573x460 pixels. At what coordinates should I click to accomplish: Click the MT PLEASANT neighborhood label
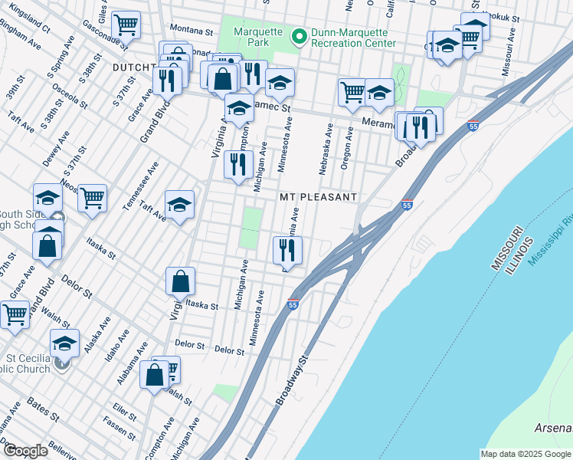pyautogui.click(x=318, y=197)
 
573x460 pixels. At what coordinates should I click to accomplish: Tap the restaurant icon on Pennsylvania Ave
pyautogui.click(x=288, y=248)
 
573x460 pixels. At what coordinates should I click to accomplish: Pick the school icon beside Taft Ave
pyautogui.click(x=180, y=204)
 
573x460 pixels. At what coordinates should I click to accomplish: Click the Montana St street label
pyautogui.click(x=191, y=31)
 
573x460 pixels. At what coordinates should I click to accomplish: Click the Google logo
pyautogui.click(x=25, y=451)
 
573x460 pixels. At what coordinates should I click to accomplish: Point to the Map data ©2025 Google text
pyautogui.click(x=526, y=454)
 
